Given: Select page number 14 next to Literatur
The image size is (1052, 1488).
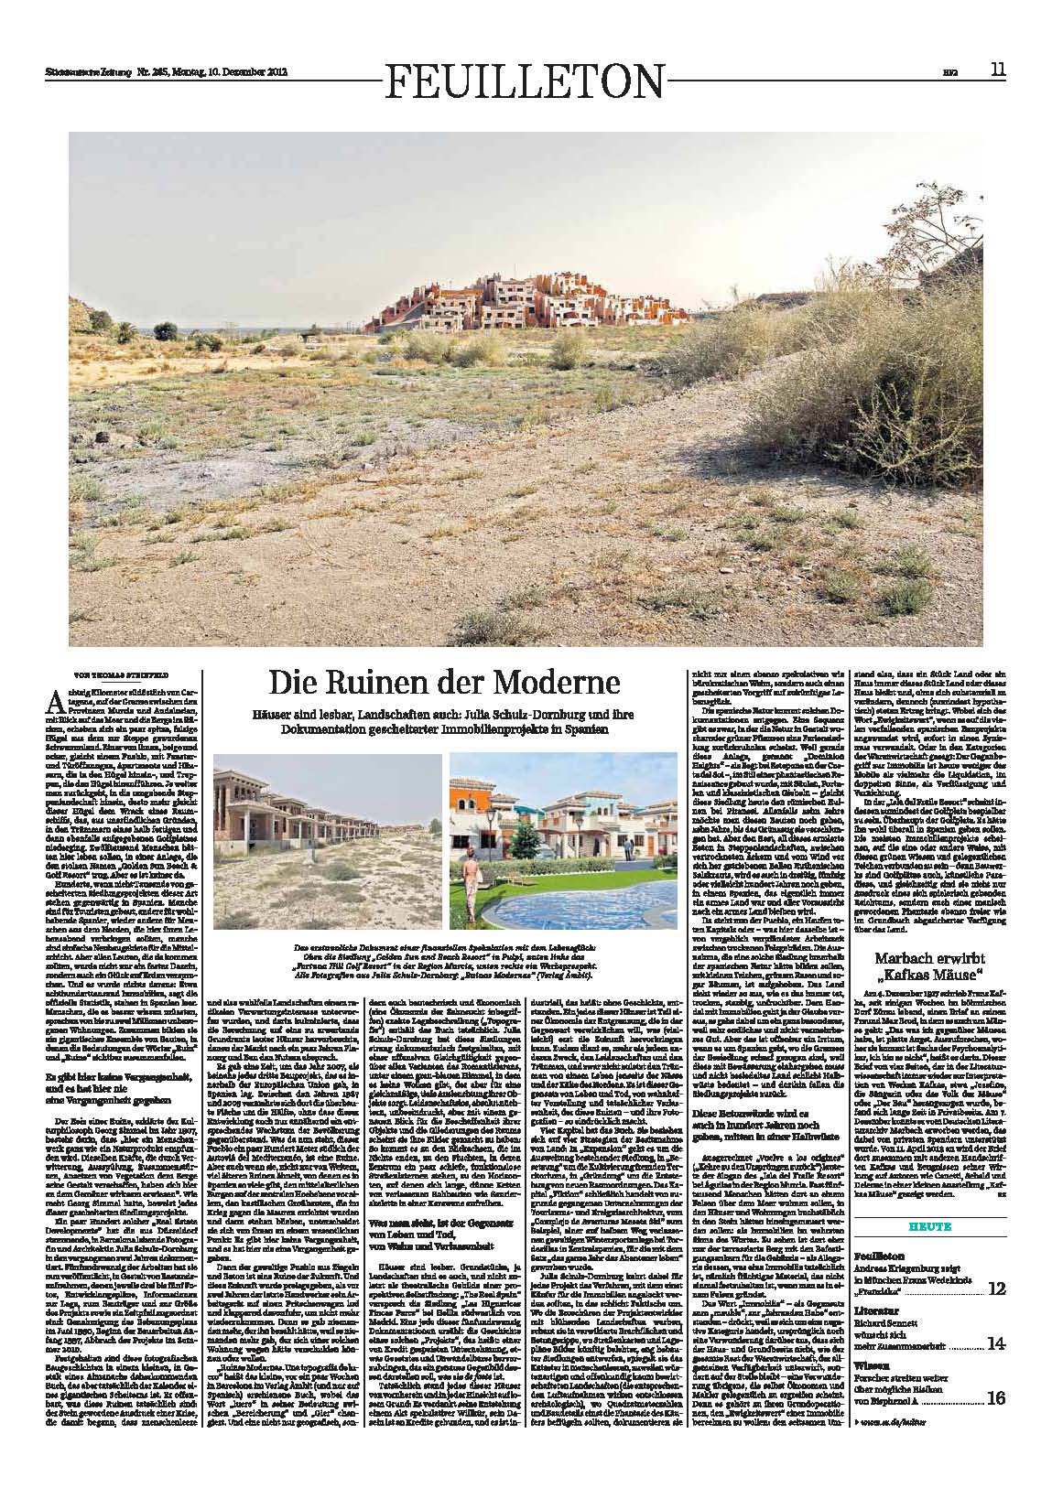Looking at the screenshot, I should tap(996, 1343).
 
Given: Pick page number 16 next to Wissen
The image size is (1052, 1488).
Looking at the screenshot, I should tap(996, 1397).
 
